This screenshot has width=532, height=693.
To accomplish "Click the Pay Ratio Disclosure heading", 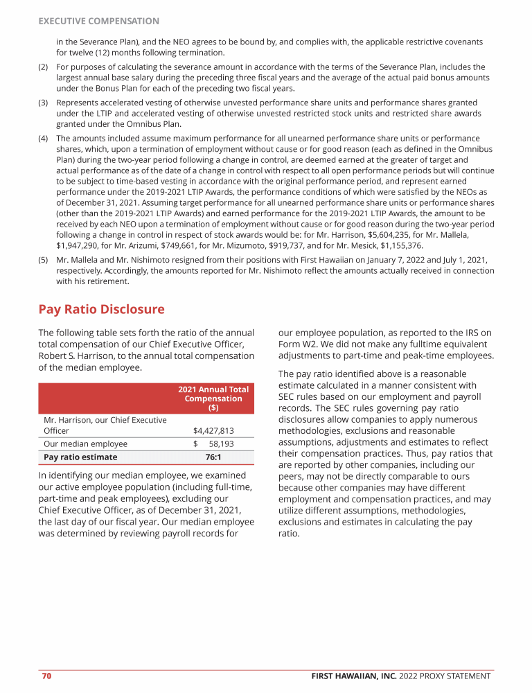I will [101, 309].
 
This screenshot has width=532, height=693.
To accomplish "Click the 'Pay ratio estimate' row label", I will [80, 457].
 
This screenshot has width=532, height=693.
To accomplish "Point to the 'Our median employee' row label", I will [85, 444].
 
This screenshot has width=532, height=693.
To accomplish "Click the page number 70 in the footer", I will [46, 676].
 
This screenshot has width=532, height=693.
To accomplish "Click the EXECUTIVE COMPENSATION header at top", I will [98, 21].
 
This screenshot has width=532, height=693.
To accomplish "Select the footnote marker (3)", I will [44, 101].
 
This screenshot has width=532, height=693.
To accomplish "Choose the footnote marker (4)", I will [44, 139].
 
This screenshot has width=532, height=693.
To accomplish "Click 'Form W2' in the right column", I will [303, 344].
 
